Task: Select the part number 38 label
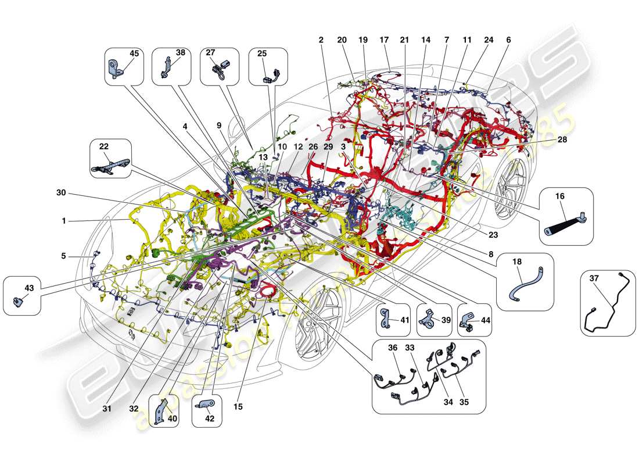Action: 180,52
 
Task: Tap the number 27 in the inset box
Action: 210,52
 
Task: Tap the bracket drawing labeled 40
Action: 159,410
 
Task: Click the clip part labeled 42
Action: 207,402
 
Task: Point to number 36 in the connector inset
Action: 393,348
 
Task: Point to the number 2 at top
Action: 321,40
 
